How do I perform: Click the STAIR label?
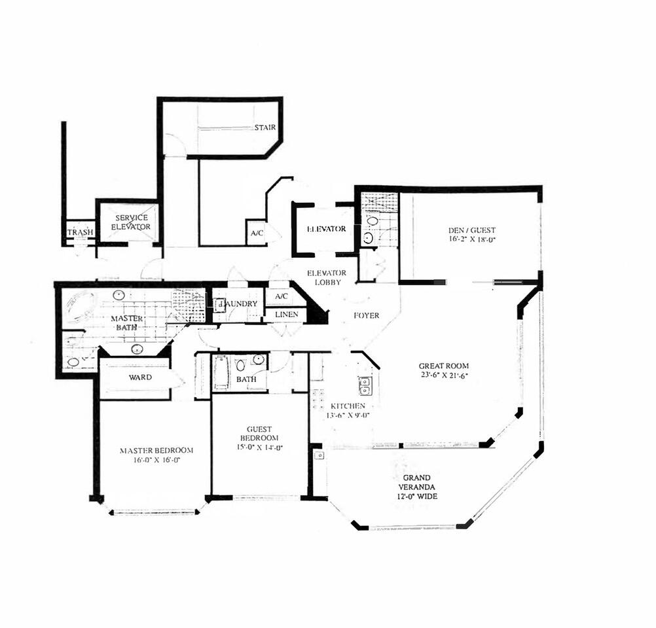click(x=264, y=128)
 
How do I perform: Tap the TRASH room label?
click(x=79, y=232)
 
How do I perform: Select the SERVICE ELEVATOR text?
click(x=131, y=222)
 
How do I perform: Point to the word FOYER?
click(x=366, y=315)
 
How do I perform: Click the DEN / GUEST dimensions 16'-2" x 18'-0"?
click(x=471, y=240)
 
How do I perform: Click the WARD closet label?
click(x=140, y=377)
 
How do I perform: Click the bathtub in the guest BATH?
click(x=221, y=373)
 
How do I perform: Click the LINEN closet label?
click(x=287, y=315)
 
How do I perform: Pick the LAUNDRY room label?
click(x=237, y=304)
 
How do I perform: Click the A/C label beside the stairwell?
click(x=255, y=234)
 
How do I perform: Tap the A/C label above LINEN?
click(x=282, y=296)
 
